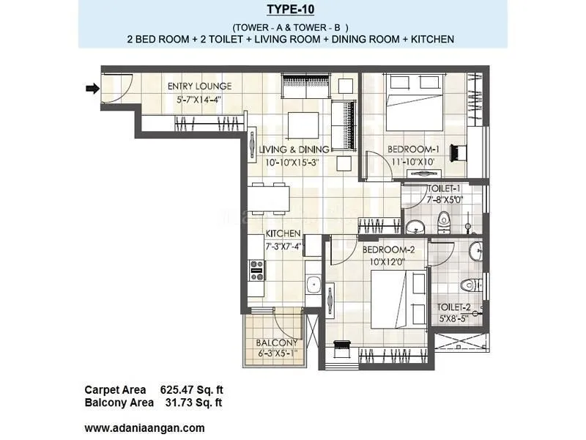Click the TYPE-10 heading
292,10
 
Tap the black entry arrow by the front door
92,89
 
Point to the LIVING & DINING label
294,150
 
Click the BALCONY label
276,343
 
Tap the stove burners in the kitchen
256,270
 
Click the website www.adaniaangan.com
144,428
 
